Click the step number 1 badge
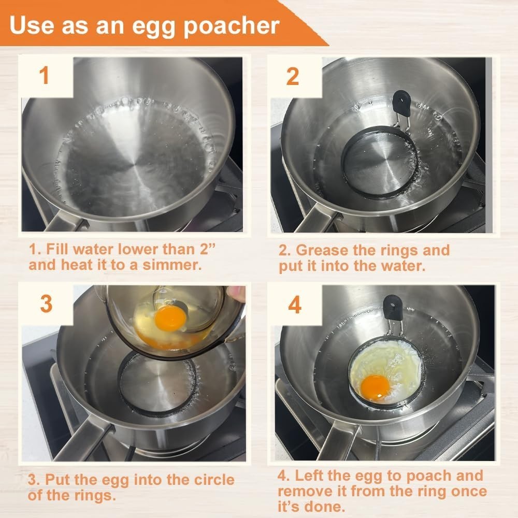[x=45, y=76]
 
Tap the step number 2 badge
[x=293, y=76]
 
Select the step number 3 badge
[x=46, y=304]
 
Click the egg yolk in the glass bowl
[x=170, y=318]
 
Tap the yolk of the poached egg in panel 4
[x=375, y=387]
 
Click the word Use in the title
[x=34, y=25]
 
